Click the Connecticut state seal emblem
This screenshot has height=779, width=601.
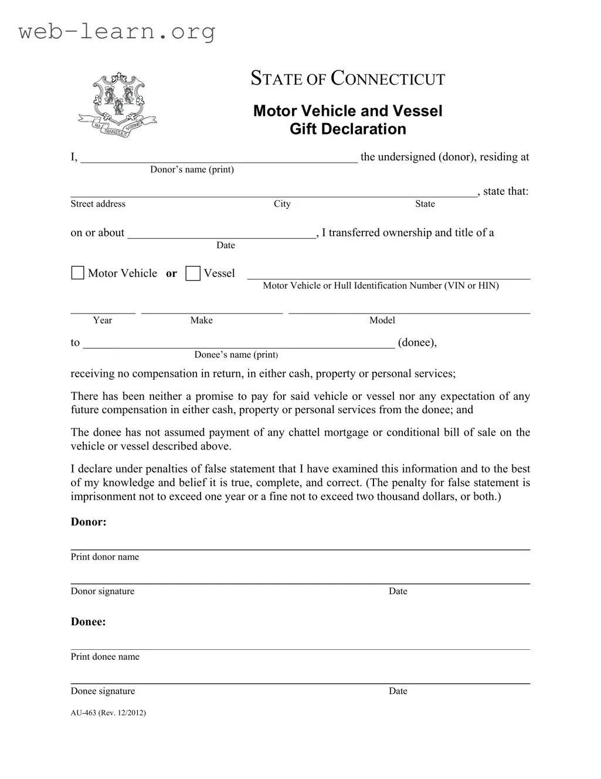pos(118,104)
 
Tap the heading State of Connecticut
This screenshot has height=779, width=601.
pos(348,78)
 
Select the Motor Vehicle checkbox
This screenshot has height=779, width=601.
pos(77,273)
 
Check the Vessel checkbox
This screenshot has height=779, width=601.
pos(193,274)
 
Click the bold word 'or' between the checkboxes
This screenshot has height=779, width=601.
pos(171,274)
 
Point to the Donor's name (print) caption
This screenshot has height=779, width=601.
pos(192,170)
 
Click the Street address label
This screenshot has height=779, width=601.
pos(98,204)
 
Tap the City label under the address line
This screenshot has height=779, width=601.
pos(282,204)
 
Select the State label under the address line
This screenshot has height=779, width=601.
pos(425,204)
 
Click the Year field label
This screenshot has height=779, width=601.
pos(103,320)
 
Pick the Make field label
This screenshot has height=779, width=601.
pos(201,320)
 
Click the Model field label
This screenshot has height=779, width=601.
pos(382,320)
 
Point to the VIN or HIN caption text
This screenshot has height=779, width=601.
pos(381,286)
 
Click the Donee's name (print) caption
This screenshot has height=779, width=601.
pos(236,355)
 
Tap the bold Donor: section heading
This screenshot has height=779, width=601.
pos(89,522)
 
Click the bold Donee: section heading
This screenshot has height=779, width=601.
pos(89,622)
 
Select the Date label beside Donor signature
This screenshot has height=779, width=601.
pos(398,591)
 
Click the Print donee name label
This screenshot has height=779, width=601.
pos(105,657)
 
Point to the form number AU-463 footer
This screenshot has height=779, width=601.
pos(108,713)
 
